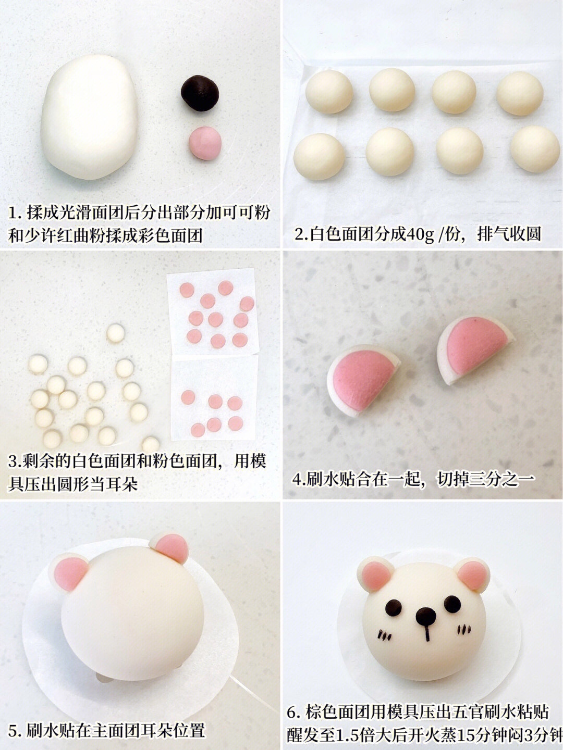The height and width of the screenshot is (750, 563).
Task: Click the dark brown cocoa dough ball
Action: (200, 93)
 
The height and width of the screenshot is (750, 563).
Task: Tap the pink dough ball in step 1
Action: (205, 143)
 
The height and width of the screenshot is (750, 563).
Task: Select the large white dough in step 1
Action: (90, 117)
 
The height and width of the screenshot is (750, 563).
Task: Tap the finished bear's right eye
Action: (452, 604)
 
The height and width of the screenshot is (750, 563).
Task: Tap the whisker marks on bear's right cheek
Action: (464, 629)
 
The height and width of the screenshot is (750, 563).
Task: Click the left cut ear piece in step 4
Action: (363, 380)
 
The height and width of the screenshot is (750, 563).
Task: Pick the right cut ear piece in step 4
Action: (475, 350)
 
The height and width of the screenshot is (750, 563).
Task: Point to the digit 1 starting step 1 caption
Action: (13, 213)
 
